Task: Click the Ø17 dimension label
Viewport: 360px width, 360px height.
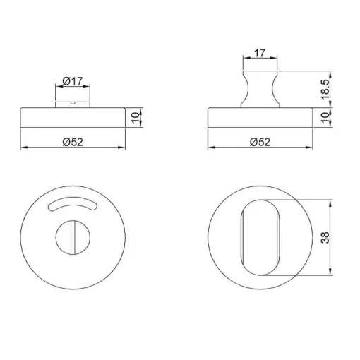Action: (x=73, y=81)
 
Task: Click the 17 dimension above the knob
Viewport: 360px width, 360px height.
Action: (x=260, y=53)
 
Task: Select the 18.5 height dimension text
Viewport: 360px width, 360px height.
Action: (x=326, y=90)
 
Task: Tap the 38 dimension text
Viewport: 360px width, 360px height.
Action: (x=326, y=237)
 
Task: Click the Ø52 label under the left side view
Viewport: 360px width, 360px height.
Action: (x=73, y=142)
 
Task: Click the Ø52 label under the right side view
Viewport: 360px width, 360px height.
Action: (x=260, y=142)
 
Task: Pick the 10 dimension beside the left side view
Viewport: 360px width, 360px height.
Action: (x=136, y=117)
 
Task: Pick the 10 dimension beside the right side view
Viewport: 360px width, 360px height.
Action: (x=325, y=117)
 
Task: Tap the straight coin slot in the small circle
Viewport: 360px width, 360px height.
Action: (x=73, y=237)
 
